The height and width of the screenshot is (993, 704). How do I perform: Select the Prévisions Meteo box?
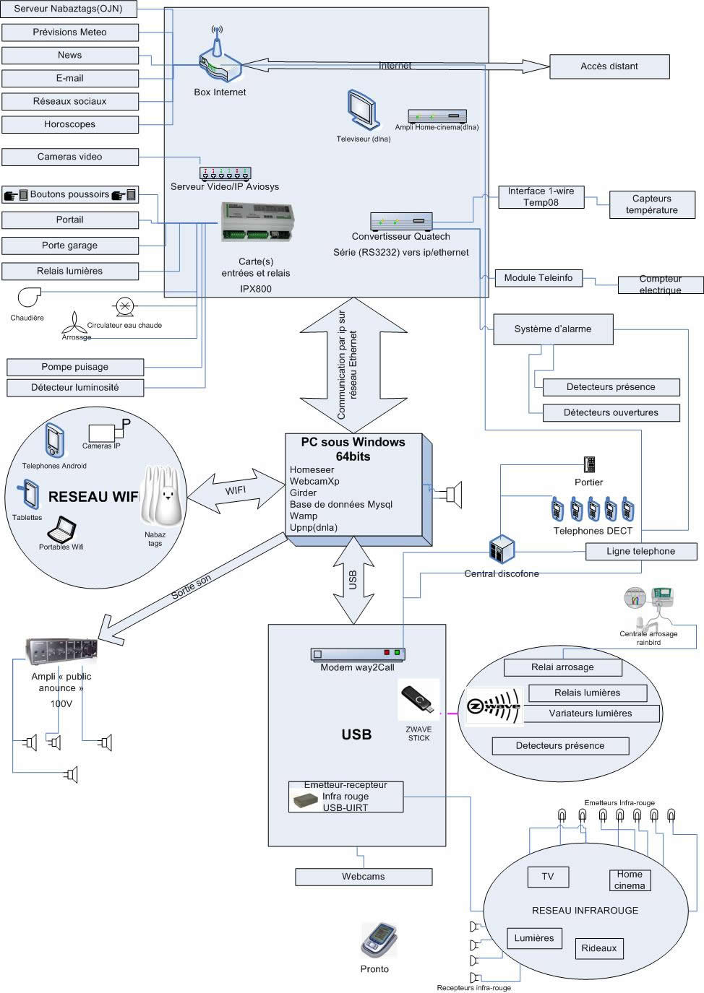(69, 32)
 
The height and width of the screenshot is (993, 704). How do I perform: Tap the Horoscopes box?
(69, 124)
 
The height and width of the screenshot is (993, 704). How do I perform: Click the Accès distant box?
(609, 66)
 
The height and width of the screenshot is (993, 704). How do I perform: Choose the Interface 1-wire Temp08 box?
(541, 197)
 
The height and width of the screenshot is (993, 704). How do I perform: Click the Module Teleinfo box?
(538, 278)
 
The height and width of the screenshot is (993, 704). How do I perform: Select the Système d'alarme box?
(553, 329)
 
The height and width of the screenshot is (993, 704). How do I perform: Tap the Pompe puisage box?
(75, 367)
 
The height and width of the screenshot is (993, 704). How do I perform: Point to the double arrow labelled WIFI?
(236, 490)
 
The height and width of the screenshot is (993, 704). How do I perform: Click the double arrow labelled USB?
(353, 580)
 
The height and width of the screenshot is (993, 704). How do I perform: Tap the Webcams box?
(364, 877)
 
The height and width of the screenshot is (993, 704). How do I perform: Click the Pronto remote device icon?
(378, 939)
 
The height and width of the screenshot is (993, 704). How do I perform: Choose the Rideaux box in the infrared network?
(599, 948)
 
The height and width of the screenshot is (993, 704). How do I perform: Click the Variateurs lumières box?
(591, 714)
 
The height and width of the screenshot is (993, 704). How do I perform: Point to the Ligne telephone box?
(641, 552)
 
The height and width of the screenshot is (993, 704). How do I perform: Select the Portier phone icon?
(589, 464)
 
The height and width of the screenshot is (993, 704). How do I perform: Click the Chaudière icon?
(29, 297)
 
